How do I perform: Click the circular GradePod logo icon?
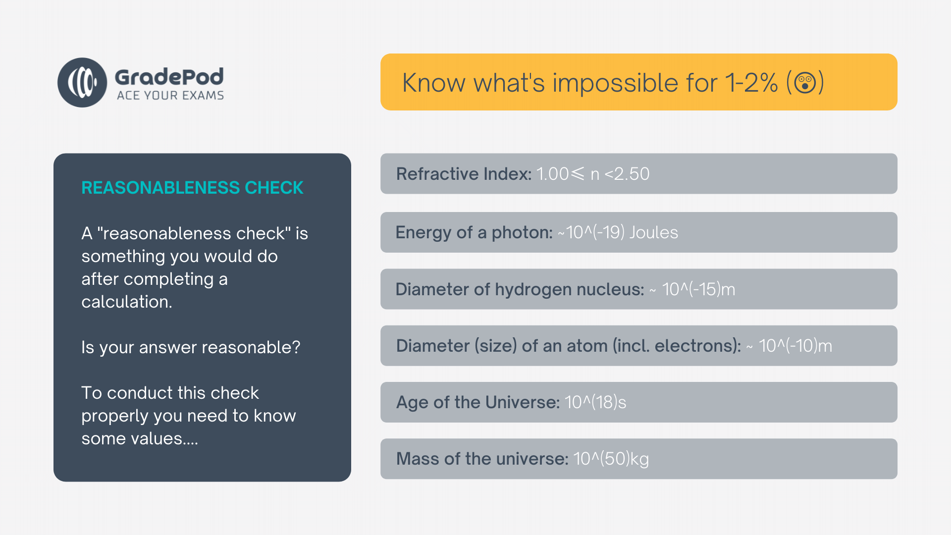tap(82, 82)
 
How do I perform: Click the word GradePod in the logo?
tap(169, 77)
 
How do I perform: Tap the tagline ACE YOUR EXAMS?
tap(170, 95)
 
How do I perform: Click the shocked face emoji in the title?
tap(805, 82)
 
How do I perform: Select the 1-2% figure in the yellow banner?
tap(751, 83)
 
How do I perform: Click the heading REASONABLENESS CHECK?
tap(192, 188)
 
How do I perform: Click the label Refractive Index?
tap(464, 174)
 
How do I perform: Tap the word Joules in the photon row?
tap(653, 232)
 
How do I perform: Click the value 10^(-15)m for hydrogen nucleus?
tap(698, 289)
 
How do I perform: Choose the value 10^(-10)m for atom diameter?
tap(795, 346)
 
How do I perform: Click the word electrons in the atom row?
tap(696, 346)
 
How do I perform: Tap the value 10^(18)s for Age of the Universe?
tap(595, 402)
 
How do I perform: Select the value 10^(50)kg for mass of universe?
tap(611, 459)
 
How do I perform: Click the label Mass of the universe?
tap(482, 459)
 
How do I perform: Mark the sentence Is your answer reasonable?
tap(191, 348)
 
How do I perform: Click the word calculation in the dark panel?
tap(127, 302)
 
